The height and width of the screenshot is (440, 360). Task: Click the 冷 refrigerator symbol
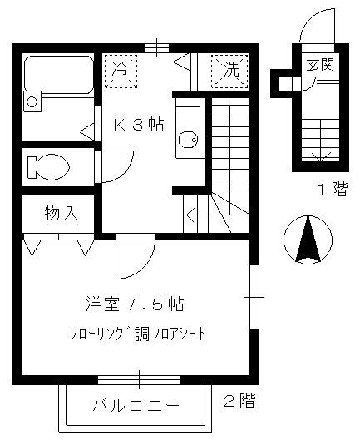click(x=121, y=69)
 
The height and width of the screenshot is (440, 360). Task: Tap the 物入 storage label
click(x=61, y=213)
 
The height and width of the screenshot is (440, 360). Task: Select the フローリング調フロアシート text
click(x=137, y=334)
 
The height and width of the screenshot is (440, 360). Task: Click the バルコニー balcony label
click(x=135, y=407)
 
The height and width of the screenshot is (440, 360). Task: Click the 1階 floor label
click(x=331, y=189)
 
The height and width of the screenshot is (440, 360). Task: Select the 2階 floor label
click(x=239, y=401)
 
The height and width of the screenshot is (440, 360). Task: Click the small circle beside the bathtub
click(x=32, y=101)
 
